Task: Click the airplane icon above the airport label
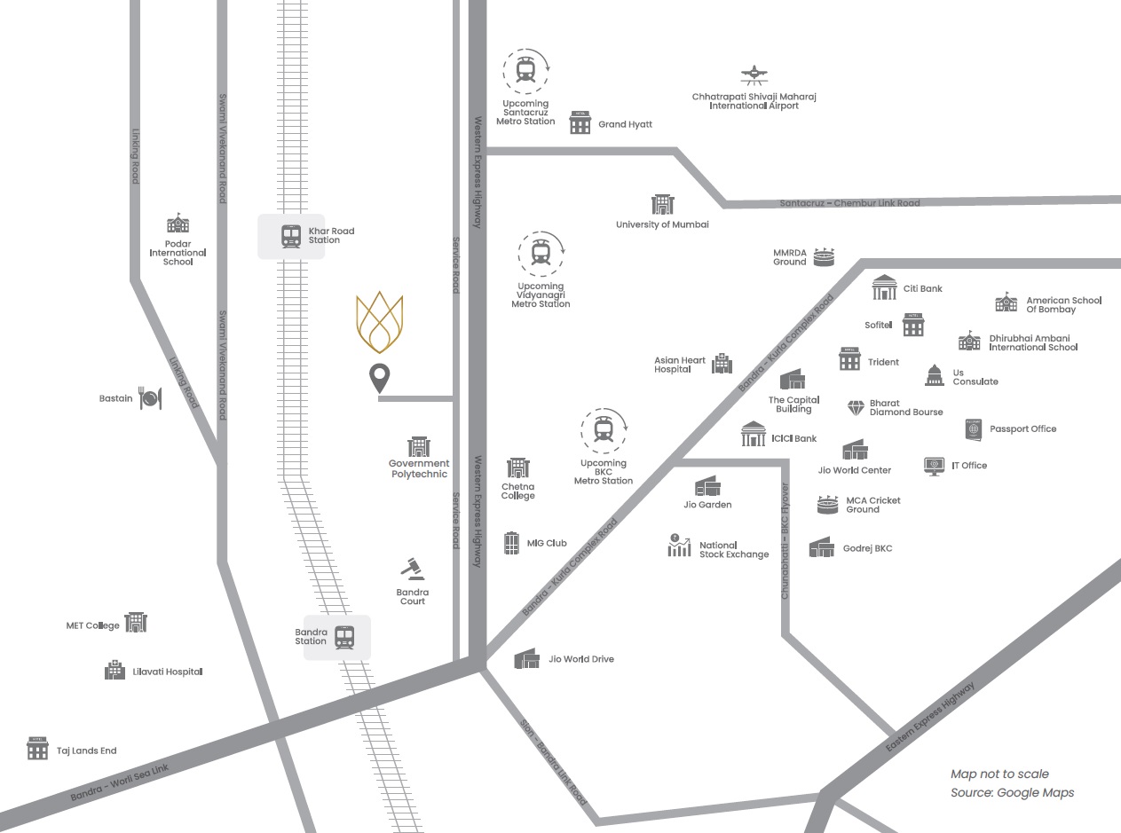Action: click(x=754, y=75)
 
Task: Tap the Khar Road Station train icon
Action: click(x=291, y=236)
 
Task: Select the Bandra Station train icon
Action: click(x=345, y=637)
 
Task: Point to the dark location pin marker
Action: click(x=380, y=379)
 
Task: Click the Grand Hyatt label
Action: click(x=625, y=124)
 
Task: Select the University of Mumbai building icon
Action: click(x=663, y=205)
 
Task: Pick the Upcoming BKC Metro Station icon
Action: click(x=604, y=429)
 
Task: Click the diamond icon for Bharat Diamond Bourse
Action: click(x=856, y=407)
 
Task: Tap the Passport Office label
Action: click(x=1023, y=428)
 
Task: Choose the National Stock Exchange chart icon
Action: click(x=679, y=546)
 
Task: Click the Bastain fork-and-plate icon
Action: click(x=150, y=399)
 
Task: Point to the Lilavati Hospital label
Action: click(x=168, y=672)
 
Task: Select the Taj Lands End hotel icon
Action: click(x=37, y=749)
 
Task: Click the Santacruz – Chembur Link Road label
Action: click(x=849, y=203)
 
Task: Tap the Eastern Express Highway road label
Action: click(x=930, y=718)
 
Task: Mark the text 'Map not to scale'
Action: click(x=999, y=774)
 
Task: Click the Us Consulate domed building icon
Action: click(x=934, y=375)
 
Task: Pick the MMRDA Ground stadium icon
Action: click(x=825, y=257)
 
